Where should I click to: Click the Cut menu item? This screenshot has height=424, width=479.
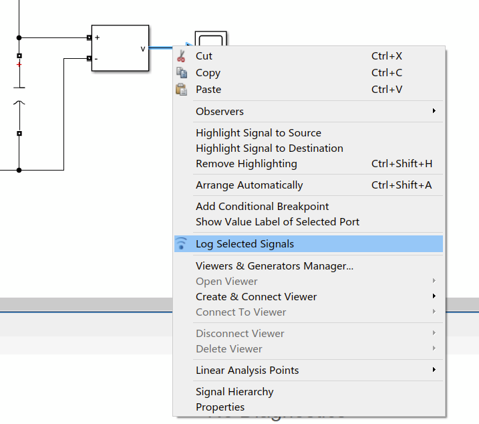click(204, 56)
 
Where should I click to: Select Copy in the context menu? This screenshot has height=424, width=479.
click(208, 73)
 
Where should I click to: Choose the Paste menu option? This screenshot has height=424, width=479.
click(208, 90)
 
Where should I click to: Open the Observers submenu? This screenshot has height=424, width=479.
click(220, 112)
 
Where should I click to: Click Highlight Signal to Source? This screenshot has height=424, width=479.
click(259, 133)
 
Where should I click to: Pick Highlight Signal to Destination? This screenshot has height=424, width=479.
click(269, 148)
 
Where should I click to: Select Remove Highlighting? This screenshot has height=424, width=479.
click(247, 164)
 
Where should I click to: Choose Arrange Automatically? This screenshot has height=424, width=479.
click(249, 185)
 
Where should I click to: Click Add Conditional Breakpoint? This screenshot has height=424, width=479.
click(262, 207)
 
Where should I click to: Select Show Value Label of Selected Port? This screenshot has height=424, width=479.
click(277, 222)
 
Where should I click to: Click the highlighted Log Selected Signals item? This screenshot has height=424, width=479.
click(245, 244)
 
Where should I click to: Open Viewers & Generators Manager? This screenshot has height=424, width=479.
click(274, 266)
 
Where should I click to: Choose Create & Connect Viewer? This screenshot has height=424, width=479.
click(256, 297)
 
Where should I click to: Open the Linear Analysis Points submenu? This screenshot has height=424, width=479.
click(247, 370)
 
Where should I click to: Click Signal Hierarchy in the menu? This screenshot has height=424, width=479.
click(234, 392)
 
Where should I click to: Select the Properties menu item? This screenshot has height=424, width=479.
click(220, 407)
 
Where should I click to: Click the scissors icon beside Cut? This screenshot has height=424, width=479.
click(181, 56)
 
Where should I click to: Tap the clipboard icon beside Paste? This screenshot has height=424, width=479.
click(181, 90)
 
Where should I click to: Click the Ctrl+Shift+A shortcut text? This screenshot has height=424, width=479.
click(402, 185)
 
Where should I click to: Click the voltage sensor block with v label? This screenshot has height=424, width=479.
click(120, 47)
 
